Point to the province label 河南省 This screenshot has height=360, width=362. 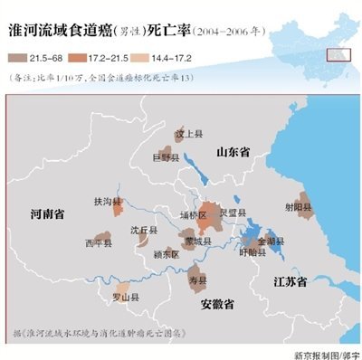point(47,215)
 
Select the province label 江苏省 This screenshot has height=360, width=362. point(294,281)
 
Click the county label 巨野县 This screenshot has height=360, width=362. point(165,157)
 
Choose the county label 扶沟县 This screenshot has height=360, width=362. point(106,201)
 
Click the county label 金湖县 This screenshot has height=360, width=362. point(271,242)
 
